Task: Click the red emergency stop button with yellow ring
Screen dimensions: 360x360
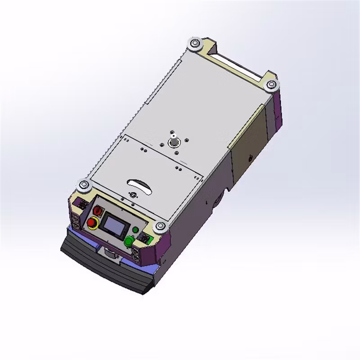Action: pyautogui.click(x=93, y=222)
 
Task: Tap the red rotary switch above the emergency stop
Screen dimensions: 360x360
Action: pyautogui.click(x=98, y=210)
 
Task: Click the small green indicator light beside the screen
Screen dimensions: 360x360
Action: pyautogui.click(x=135, y=230)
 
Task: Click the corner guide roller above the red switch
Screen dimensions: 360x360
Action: pyautogui.click(x=84, y=184)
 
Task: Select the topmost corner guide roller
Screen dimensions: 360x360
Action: pyautogui.click(x=195, y=44)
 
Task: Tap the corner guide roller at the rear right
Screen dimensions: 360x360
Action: pyautogui.click(x=271, y=85)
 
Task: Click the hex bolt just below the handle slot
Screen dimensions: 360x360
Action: pyautogui.click(x=133, y=194)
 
